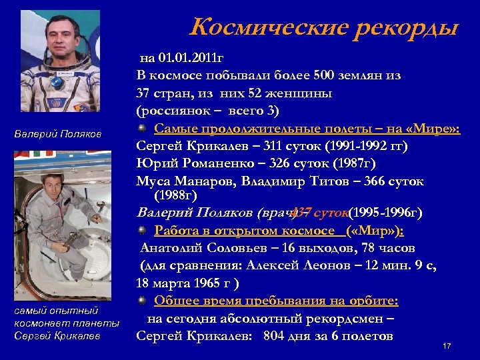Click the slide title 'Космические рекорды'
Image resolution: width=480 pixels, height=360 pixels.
point(324,28)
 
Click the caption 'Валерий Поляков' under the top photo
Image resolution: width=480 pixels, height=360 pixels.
point(58,135)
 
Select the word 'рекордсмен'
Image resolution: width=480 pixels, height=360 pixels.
point(346,319)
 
